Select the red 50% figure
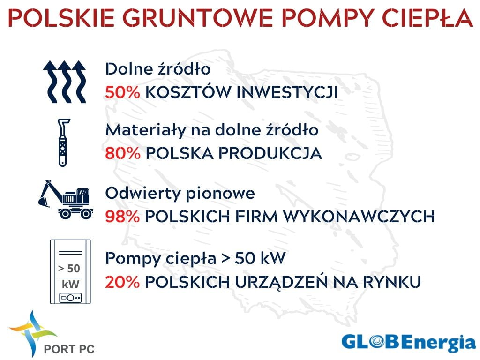tap(122, 92)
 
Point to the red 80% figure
tap(122, 153)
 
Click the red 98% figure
tap(122, 217)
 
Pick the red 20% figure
tap(122, 282)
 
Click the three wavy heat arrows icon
tap(65, 82)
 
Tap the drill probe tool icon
tap(63, 142)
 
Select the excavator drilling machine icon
tap(66, 200)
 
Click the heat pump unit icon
tap(70, 271)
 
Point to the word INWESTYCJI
tap(287, 92)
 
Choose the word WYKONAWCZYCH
tap(359, 217)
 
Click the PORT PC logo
tap(52, 334)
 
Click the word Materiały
tap(146, 130)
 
